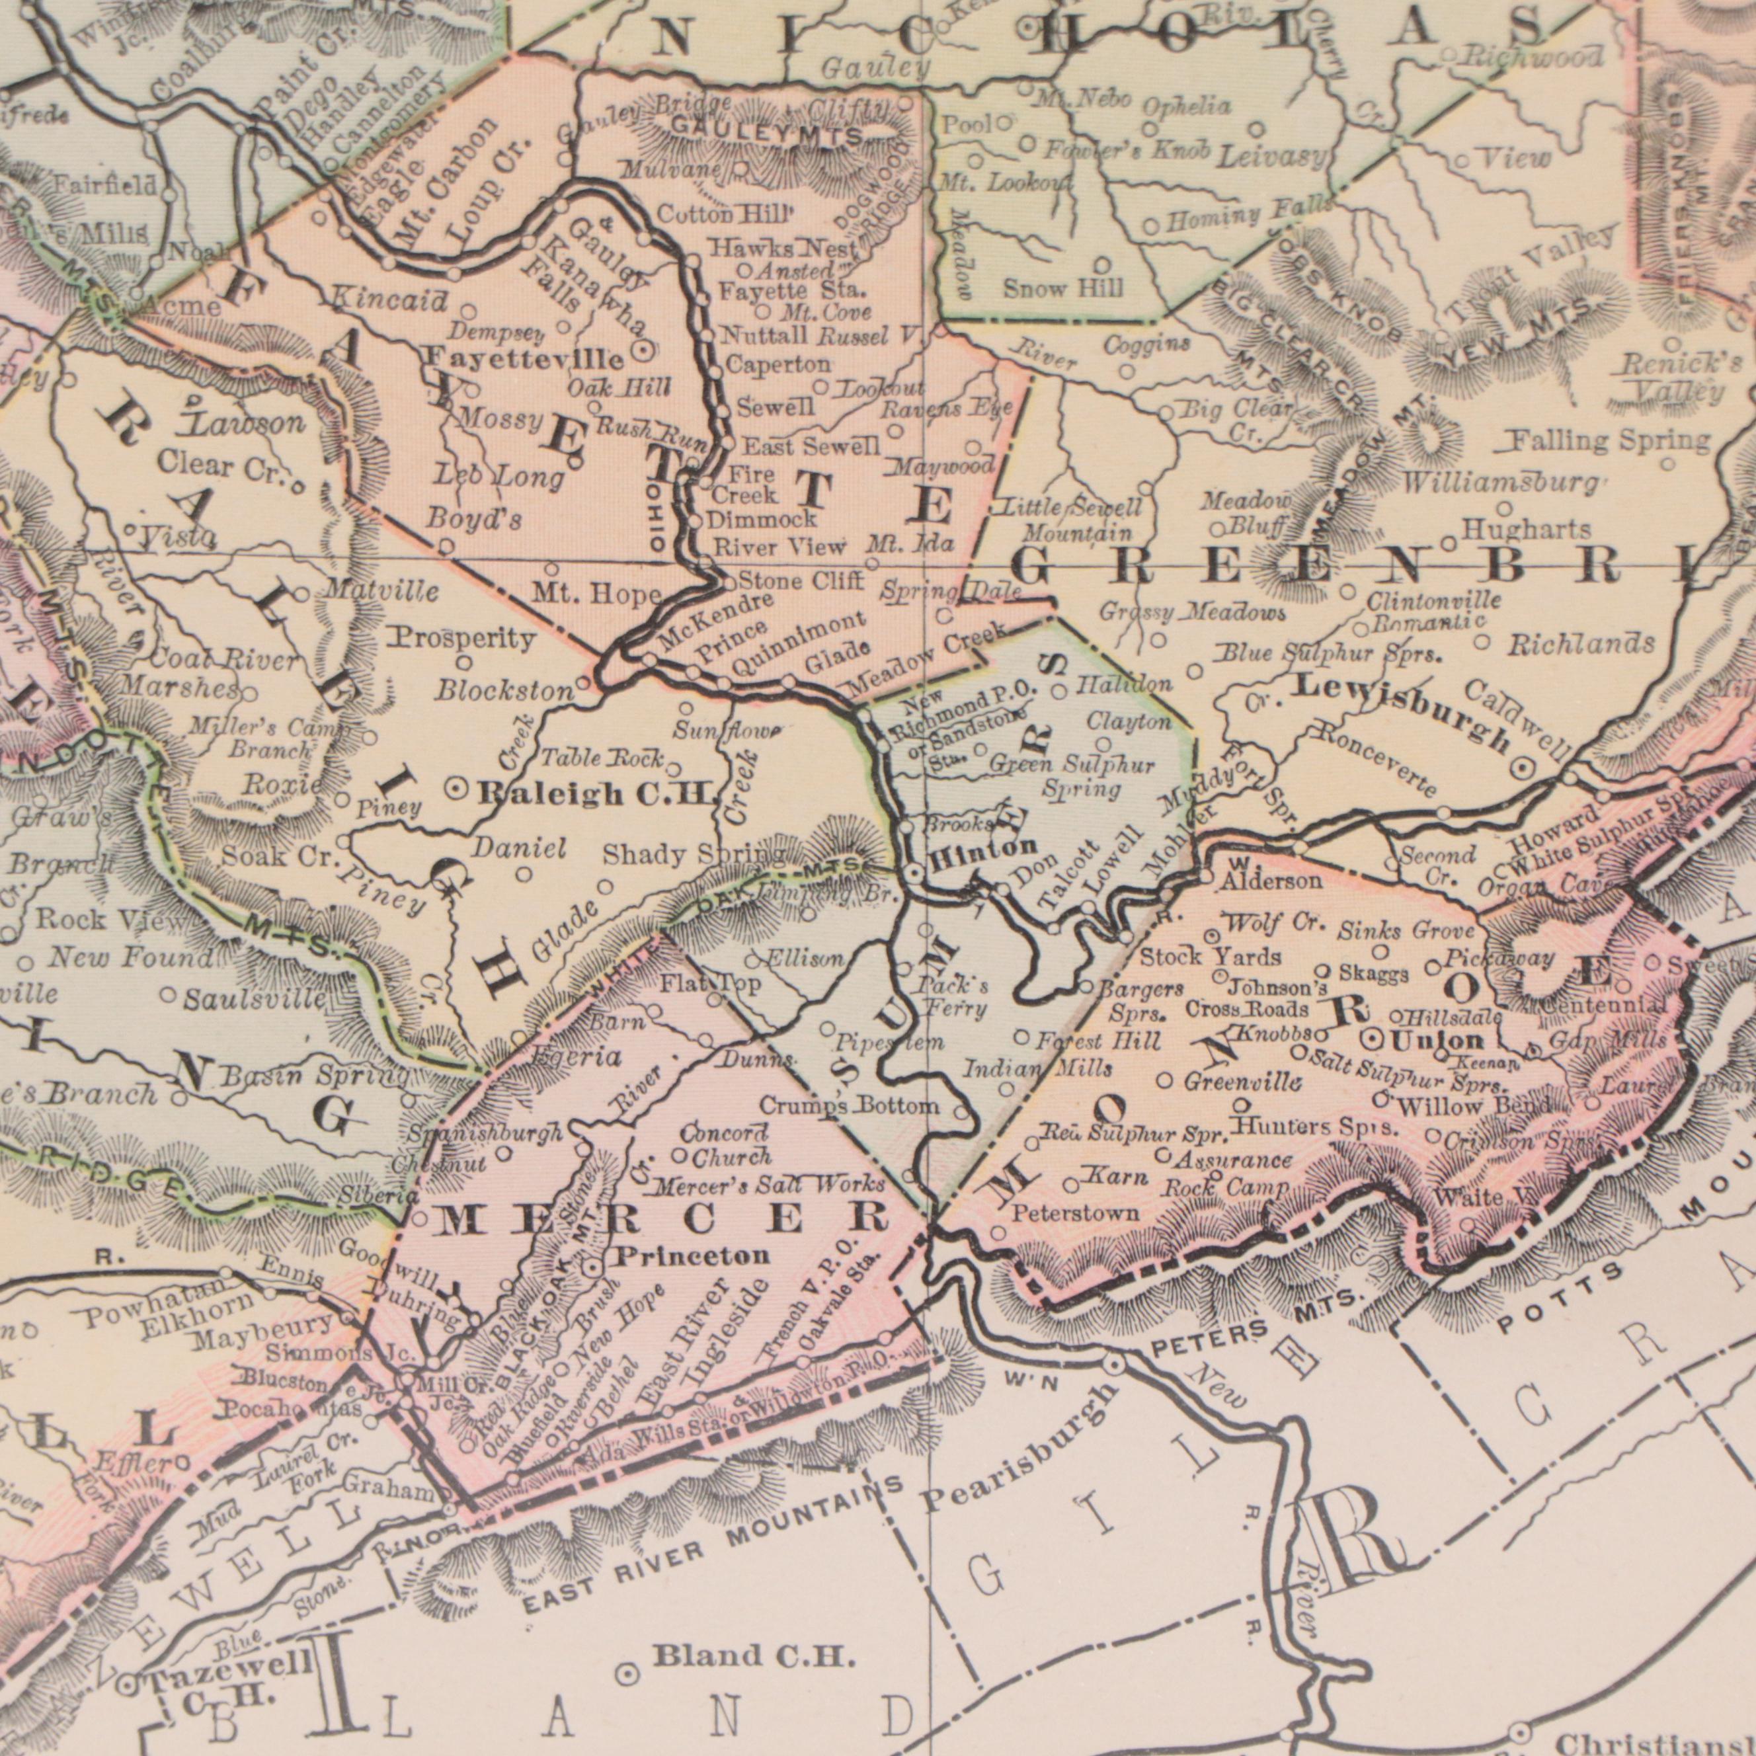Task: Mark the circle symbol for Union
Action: pos(1375,1039)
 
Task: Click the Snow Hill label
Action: pos(1063,289)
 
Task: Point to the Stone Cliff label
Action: pos(798,580)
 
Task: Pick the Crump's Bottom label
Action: pos(848,1106)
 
